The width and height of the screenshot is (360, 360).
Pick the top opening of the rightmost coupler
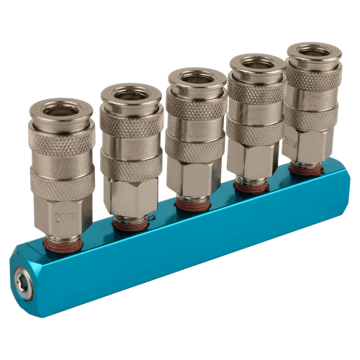pos(314,50)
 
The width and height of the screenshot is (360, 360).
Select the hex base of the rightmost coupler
pos(307,144)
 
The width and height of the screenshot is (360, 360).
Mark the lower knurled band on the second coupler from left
pos(130,165)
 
